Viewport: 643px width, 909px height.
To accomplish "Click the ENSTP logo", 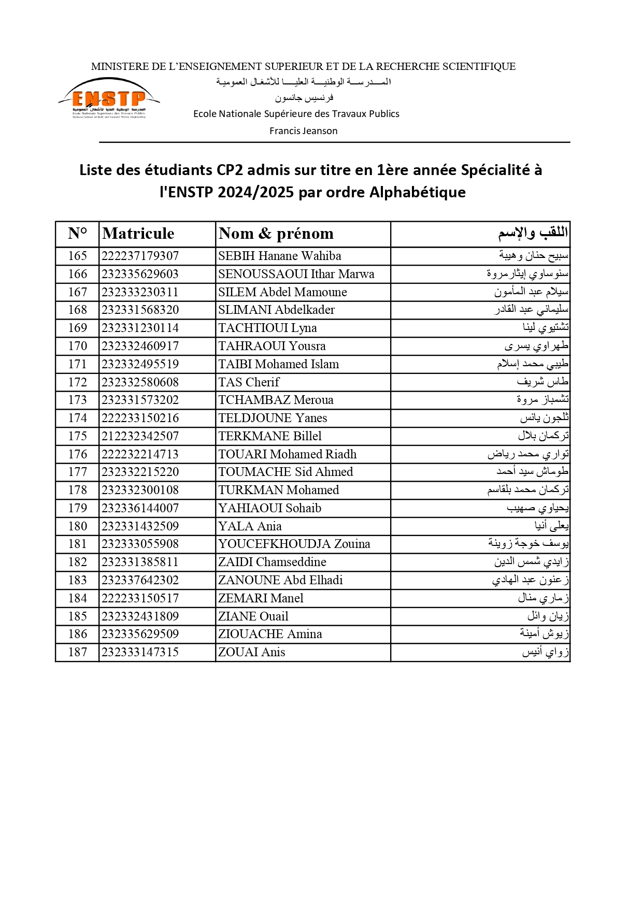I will click(x=109, y=98).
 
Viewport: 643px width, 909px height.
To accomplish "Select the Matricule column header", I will click(x=138, y=234).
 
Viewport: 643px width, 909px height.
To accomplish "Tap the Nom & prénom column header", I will click(x=276, y=234).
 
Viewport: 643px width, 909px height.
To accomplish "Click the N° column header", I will click(x=77, y=234).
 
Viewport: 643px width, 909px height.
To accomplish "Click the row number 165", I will click(x=78, y=256).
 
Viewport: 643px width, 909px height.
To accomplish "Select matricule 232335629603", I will click(x=140, y=274).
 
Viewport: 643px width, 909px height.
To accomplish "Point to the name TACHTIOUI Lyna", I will click(x=267, y=328).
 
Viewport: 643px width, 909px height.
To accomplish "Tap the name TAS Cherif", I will click(x=249, y=382).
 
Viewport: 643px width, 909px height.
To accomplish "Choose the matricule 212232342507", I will click(x=140, y=436).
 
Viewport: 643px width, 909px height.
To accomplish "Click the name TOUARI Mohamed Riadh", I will click(x=287, y=454).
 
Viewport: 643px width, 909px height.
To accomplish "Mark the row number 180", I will click(x=78, y=526).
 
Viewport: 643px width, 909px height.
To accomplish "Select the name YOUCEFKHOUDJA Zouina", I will click(x=294, y=544).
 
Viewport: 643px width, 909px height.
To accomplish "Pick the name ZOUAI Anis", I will click(x=251, y=652).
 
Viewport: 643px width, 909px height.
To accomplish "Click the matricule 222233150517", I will click(x=140, y=598).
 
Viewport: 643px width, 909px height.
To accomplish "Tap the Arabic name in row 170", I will click(x=536, y=346).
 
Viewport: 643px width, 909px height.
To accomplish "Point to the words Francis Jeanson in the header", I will click(x=303, y=131).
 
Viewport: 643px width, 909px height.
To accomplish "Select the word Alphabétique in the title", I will click(x=417, y=192).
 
